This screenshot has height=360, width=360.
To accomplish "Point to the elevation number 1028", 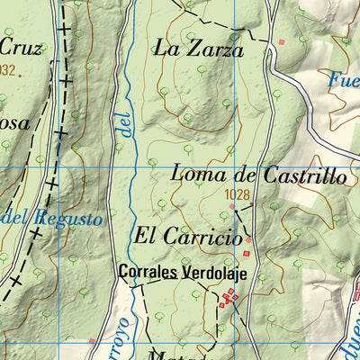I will (237, 194).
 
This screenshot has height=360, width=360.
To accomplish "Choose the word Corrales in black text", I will (150, 271).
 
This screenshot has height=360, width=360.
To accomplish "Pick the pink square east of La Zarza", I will (282, 41).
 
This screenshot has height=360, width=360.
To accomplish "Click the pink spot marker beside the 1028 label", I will (233, 207).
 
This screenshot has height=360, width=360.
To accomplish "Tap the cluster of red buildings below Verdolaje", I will (229, 298).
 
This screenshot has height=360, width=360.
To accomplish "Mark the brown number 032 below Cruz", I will (8, 70).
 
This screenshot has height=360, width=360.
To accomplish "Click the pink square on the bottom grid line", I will (91, 340).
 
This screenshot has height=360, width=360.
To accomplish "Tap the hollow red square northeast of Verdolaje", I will (248, 239).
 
